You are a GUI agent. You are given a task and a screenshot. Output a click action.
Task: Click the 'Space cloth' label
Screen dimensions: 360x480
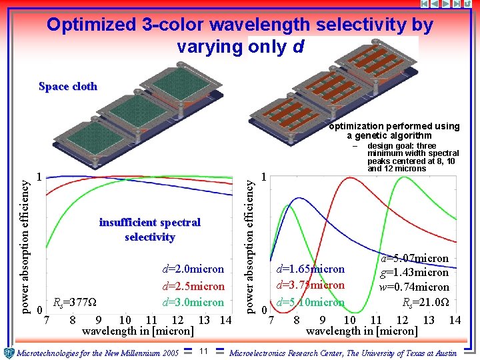(68, 87)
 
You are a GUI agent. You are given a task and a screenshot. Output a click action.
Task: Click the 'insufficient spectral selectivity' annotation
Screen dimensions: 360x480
(149, 229)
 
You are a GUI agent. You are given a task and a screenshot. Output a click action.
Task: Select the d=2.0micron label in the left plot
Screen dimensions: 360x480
(193, 269)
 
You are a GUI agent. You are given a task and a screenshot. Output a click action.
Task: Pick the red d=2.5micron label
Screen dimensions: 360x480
(193, 286)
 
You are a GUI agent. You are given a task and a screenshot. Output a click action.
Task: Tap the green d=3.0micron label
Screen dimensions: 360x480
(193, 302)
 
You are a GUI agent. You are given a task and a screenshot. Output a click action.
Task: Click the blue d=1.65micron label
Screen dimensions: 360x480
(311, 269)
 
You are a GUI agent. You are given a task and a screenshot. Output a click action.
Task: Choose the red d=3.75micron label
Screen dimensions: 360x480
(311, 285)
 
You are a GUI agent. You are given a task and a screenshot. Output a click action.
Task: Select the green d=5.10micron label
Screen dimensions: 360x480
(311, 302)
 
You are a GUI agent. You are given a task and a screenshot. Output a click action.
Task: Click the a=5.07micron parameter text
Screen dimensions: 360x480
(415, 258)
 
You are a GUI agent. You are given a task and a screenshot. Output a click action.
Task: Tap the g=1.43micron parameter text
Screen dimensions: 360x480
(415, 273)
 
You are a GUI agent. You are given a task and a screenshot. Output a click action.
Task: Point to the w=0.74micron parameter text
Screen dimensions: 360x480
(415, 287)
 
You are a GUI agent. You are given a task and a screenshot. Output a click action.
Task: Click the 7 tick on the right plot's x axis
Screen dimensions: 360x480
(271, 321)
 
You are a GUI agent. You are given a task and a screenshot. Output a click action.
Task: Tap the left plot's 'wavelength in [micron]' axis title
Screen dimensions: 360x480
(138, 331)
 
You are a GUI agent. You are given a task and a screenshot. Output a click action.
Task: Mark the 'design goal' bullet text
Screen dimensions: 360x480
(413, 157)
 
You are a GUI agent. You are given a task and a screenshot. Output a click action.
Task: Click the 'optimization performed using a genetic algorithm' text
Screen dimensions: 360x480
(393, 131)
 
